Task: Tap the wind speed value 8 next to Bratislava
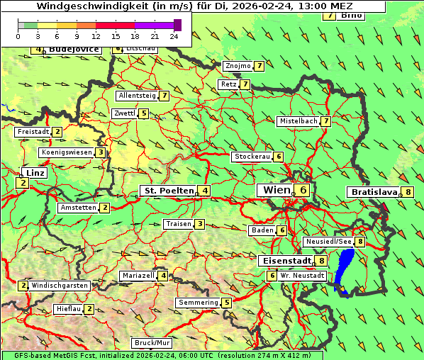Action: click(x=408, y=192)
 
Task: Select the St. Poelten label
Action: click(x=167, y=191)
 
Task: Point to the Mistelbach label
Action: click(x=298, y=121)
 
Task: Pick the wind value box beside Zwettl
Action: click(x=144, y=113)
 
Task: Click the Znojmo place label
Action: click(x=238, y=66)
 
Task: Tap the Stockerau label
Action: click(x=252, y=157)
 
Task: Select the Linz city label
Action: click(x=34, y=173)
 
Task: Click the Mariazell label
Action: click(x=138, y=276)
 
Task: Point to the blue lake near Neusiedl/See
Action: click(x=345, y=269)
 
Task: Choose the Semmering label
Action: click(x=199, y=303)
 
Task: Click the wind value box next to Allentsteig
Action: click(x=164, y=95)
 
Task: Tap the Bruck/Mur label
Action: click(x=152, y=343)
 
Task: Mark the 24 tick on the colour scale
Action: click(x=174, y=35)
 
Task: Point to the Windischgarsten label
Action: click(x=60, y=286)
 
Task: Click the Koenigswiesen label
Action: click(x=67, y=152)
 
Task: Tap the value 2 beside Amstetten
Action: click(x=105, y=208)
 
